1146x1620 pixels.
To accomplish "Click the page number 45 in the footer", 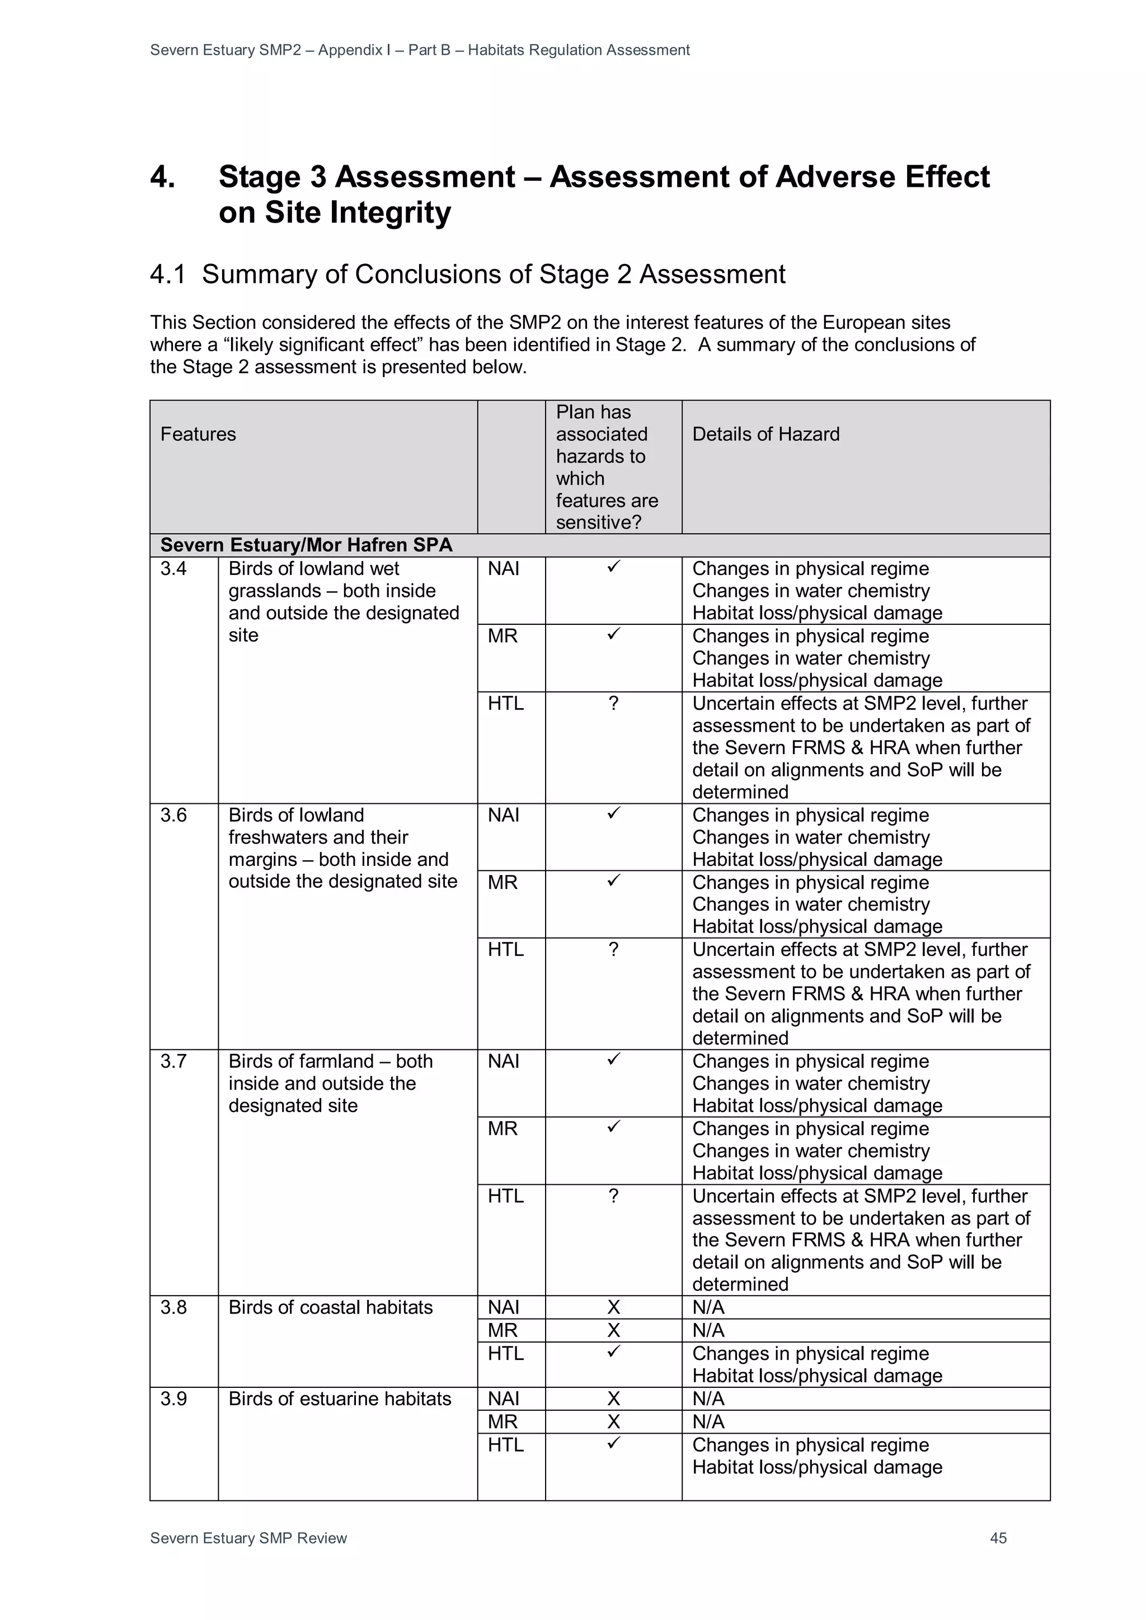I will click(998, 1538).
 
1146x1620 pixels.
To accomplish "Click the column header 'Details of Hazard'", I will click(765, 434).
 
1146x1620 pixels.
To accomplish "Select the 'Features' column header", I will click(198, 434).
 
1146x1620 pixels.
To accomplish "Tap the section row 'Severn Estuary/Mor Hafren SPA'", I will click(306, 545).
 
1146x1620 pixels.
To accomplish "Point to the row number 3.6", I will click(173, 815).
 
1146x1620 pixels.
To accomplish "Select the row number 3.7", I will click(173, 1061).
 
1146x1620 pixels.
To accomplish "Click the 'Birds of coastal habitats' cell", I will click(330, 1307).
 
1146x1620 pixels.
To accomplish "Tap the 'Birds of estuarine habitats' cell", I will click(340, 1398).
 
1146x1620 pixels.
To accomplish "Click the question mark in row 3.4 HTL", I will click(613, 704).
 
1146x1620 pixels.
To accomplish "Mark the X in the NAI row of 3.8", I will click(613, 1307).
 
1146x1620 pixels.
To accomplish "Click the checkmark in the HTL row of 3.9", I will click(613, 1444).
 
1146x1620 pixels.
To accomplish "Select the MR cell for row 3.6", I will click(502, 883).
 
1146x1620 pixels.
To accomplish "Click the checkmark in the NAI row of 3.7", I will click(613, 1059).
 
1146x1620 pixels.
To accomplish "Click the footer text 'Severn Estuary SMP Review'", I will click(248, 1538).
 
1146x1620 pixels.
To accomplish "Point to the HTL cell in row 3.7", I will click(505, 1196).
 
